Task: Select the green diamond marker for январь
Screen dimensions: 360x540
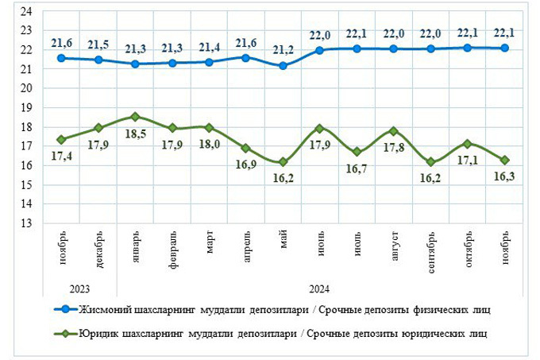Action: tap(135, 117)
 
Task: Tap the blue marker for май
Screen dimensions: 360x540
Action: tap(283, 65)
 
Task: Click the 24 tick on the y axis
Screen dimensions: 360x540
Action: tap(25, 11)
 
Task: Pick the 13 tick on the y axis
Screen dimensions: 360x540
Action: tap(25, 223)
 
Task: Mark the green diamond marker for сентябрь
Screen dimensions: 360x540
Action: tap(431, 161)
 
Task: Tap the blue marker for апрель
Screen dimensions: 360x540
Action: tap(245, 57)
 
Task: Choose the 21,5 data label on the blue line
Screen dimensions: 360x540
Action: tap(98, 43)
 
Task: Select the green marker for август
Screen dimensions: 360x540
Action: tap(394, 130)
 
